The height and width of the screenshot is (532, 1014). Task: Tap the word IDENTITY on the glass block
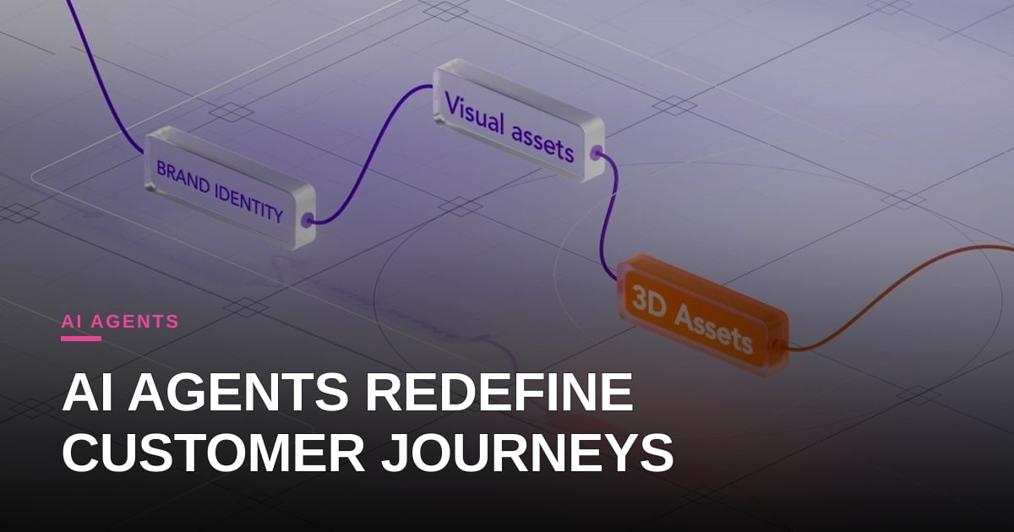pos(249,204)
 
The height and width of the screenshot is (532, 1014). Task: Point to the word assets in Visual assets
pos(542,143)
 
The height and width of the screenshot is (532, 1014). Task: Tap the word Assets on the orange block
pos(714,328)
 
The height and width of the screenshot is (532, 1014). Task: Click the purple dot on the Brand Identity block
pos(308,221)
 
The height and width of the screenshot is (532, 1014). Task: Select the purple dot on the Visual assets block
pos(597,153)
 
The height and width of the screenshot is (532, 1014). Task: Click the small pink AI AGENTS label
pos(120,321)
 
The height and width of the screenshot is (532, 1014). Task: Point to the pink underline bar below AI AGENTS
pos(81,339)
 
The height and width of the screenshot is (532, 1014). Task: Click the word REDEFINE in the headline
pos(499,392)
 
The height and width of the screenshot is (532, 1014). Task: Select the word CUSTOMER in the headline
pos(213,453)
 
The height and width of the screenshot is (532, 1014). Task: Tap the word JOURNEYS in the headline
pos(527,453)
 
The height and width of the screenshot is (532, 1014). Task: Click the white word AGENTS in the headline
pos(238,392)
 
